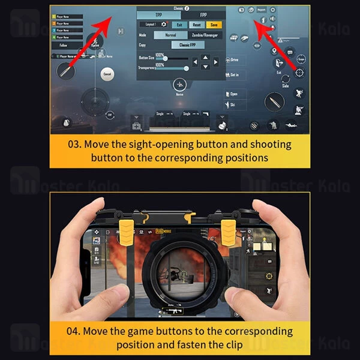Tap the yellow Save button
214,25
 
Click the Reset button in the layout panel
196,25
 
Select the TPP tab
158,15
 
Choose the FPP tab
203,15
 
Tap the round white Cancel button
107,74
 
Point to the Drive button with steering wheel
234,60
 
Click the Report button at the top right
262,10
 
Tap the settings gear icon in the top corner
273,10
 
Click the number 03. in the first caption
76,145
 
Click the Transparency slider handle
186,68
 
